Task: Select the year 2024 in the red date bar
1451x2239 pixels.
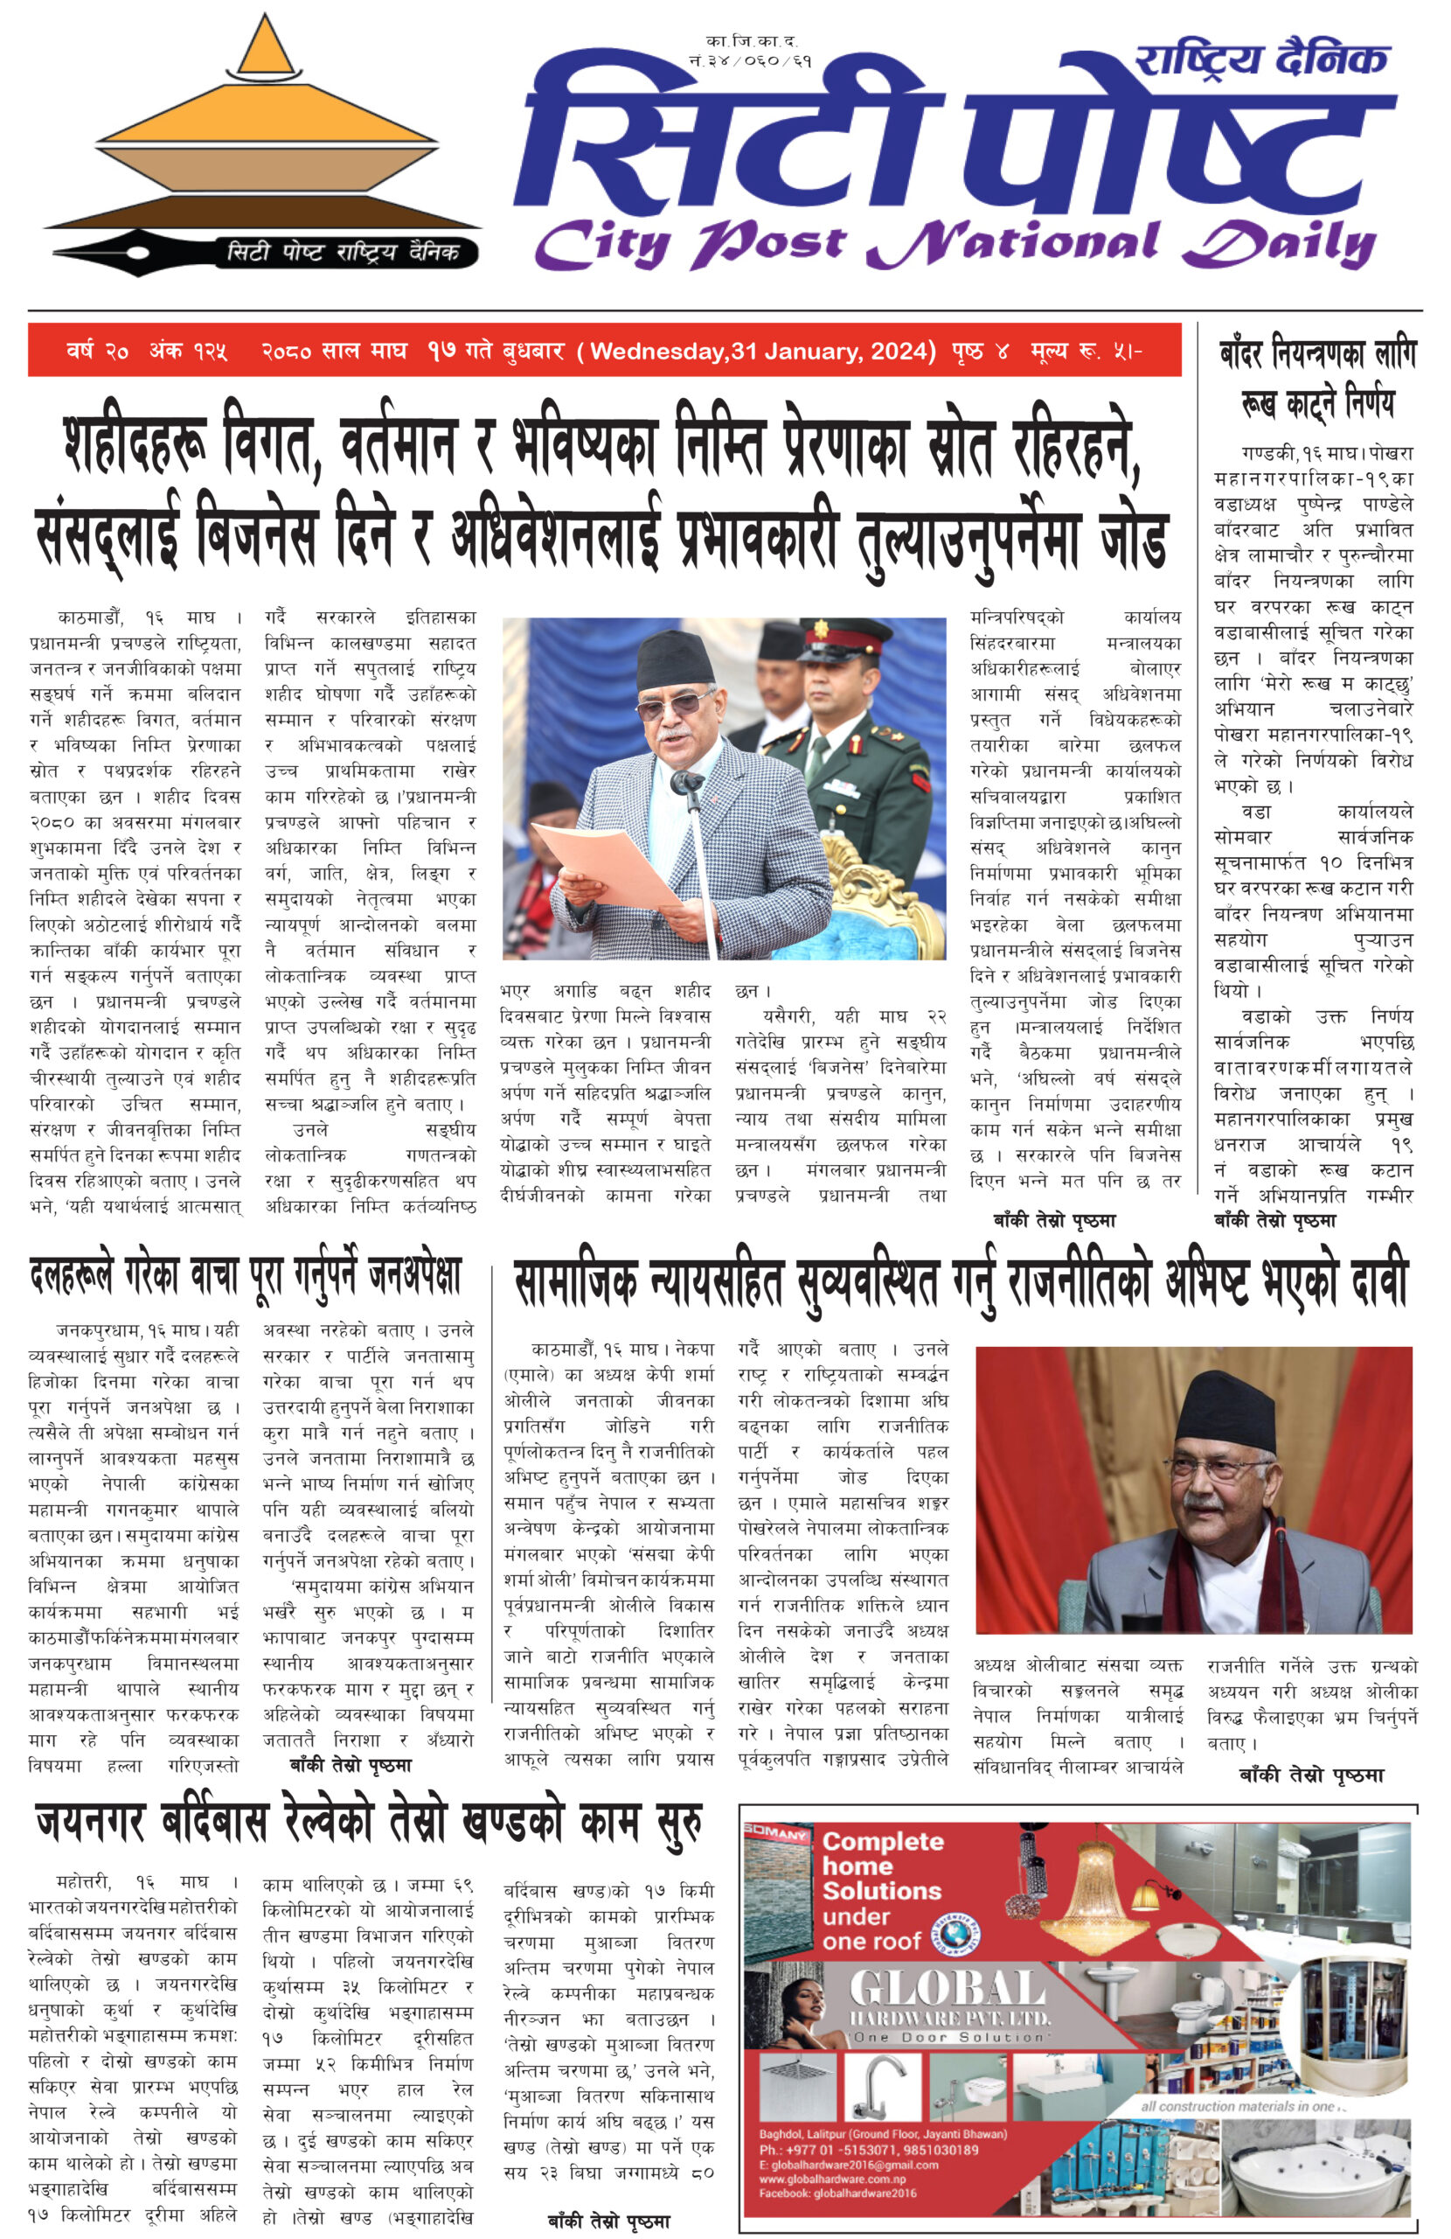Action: click(902, 352)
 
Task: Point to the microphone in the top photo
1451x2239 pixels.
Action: click(685, 781)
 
